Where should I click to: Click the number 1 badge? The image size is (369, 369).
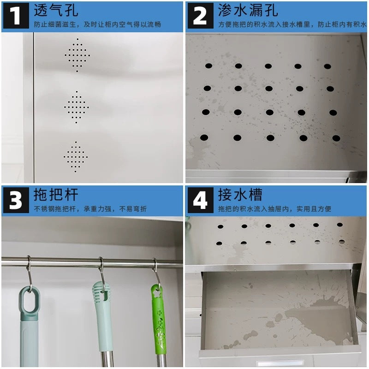point(16,16)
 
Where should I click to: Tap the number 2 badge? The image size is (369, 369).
point(201,16)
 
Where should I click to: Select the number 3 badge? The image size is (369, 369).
point(16,200)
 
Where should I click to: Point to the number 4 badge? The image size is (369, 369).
point(201,200)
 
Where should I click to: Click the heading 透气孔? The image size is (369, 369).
point(56,10)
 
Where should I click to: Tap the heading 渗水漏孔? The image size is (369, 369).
point(248,10)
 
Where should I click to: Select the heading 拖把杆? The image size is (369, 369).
point(56,194)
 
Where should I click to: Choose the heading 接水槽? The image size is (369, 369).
point(240,194)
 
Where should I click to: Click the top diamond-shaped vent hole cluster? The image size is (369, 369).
point(77,55)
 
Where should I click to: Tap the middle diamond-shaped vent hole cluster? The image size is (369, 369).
point(77,107)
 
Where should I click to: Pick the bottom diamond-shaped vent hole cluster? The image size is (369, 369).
point(76,157)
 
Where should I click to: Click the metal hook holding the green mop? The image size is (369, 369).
point(156,274)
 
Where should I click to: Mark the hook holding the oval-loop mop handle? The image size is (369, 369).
point(30,274)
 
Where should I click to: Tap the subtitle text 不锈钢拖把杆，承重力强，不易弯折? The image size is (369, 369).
point(90,209)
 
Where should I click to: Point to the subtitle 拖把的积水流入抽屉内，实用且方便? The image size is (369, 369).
point(274,209)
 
